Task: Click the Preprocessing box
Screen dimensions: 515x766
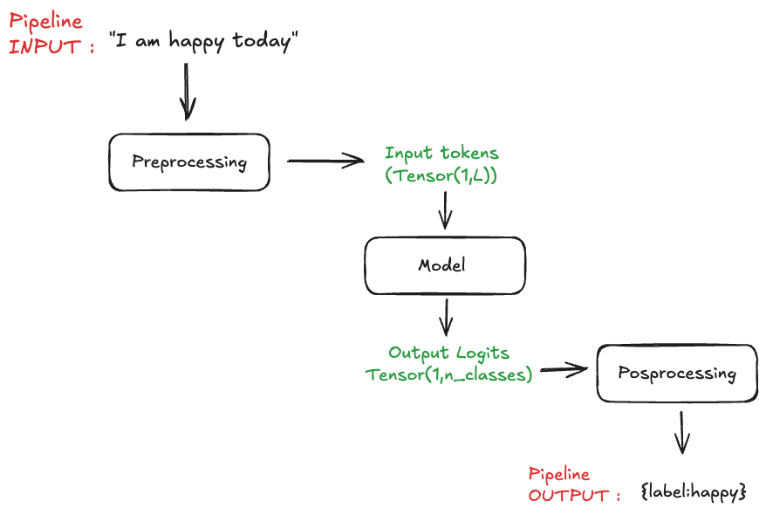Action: (x=188, y=162)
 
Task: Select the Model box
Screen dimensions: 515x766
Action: (x=445, y=265)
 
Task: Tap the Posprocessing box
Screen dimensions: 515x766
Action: (x=677, y=374)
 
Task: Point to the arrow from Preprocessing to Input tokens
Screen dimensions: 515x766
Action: (x=325, y=161)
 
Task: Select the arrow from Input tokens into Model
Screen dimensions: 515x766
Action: (x=446, y=209)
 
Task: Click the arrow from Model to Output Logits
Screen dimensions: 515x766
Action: (x=446, y=317)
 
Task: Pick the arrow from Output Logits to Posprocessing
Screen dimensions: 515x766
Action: (x=563, y=371)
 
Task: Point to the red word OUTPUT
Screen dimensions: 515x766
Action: (x=568, y=495)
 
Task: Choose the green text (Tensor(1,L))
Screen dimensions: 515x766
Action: (x=441, y=175)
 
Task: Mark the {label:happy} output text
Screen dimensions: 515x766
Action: (x=693, y=492)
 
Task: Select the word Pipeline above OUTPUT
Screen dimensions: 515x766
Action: (x=559, y=475)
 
